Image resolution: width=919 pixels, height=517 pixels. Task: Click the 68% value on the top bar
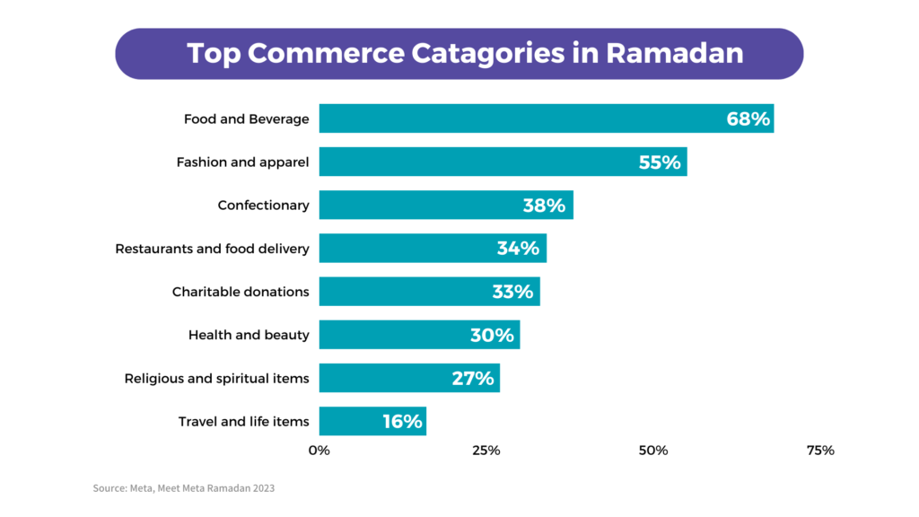click(748, 119)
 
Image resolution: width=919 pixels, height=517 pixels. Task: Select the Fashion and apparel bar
click(503, 162)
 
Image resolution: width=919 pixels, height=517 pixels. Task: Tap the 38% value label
click(544, 206)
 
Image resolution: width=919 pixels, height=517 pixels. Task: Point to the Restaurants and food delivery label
click(212, 249)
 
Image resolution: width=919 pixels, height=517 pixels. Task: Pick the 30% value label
click(492, 336)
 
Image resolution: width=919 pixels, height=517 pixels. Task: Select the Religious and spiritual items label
click(216, 379)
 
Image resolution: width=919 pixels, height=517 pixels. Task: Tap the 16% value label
click(401, 422)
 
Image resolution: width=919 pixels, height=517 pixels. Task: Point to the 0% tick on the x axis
click(319, 451)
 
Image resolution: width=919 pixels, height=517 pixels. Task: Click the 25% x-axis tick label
click(486, 451)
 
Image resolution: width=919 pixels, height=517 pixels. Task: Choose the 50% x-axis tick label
click(653, 451)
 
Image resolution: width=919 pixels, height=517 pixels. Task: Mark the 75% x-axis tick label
click(820, 451)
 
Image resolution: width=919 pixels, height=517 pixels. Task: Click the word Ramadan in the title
click(674, 53)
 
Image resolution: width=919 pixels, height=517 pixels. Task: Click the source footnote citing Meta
click(183, 489)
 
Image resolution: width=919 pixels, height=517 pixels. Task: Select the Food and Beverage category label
click(246, 119)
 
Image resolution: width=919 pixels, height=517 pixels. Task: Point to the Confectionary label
click(263, 206)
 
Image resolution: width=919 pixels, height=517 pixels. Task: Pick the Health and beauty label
click(249, 336)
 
